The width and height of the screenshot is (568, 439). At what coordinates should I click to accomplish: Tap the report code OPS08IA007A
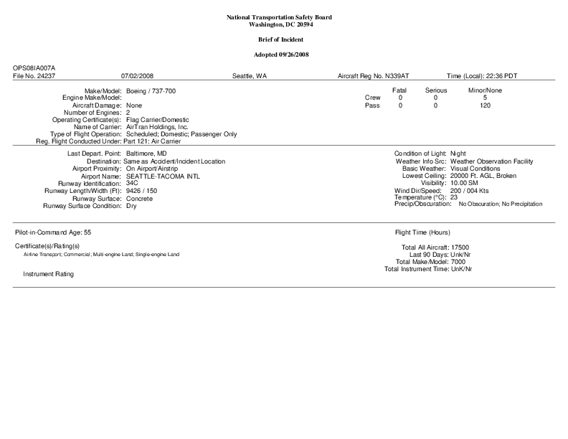tap(34, 67)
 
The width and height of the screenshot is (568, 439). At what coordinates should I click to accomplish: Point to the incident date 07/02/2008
tap(137, 75)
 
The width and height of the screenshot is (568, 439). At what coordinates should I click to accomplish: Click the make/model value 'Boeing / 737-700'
tap(151, 91)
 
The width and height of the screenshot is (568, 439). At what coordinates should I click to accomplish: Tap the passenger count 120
tap(486, 105)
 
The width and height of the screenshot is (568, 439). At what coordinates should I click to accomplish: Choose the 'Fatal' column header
tap(399, 90)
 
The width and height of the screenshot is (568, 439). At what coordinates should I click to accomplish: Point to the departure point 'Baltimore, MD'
tap(146, 154)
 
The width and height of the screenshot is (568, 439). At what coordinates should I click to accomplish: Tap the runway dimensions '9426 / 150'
tap(141, 191)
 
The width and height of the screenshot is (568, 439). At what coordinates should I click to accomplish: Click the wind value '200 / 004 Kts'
tap(470, 191)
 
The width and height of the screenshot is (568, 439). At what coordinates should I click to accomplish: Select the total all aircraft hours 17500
tap(460, 247)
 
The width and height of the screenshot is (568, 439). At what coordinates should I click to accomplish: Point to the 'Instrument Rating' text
tap(48, 274)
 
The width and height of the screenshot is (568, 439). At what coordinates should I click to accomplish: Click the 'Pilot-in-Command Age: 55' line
tap(53, 233)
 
